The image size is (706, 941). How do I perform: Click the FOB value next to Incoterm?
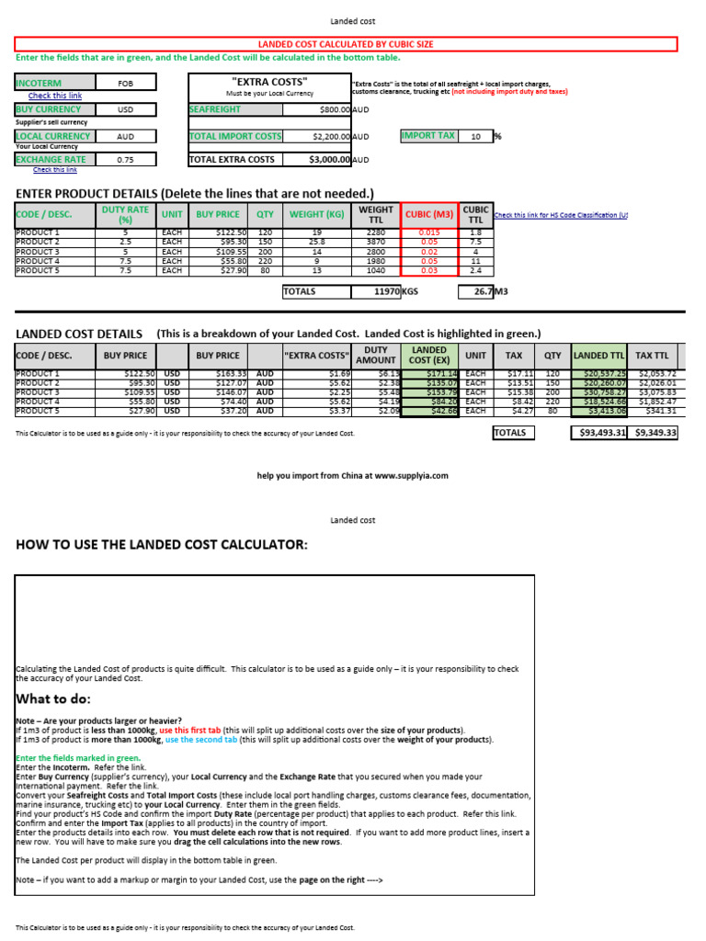[126, 83]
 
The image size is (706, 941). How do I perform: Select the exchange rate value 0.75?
[126, 159]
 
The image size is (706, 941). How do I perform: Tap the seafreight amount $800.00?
[329, 109]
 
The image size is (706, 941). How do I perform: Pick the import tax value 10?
[475, 136]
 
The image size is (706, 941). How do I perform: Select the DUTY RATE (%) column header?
[125, 215]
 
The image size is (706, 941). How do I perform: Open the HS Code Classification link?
[561, 215]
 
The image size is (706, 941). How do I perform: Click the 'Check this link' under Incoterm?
[55, 96]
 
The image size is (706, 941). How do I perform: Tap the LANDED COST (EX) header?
[428, 356]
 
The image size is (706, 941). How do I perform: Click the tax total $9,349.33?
[655, 432]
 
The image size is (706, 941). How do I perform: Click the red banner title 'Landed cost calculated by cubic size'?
[346, 44]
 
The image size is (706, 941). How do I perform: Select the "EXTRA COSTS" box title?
[269, 82]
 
